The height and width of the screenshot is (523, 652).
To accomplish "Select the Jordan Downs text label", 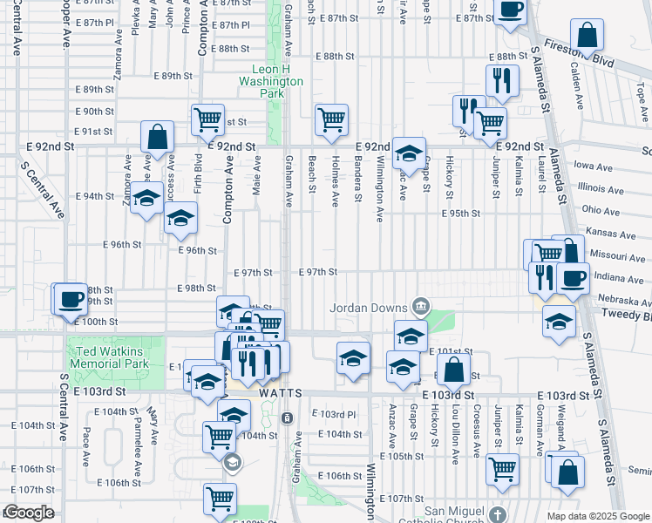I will coord(369,308).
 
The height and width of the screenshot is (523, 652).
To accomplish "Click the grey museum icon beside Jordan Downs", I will coord(421,305).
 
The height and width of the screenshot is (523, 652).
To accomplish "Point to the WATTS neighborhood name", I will coord(280,394).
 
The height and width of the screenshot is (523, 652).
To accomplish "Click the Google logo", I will coord(28,513).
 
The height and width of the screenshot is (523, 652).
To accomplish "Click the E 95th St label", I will coord(461,214).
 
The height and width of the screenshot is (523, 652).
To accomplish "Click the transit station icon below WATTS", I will coord(288,418).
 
